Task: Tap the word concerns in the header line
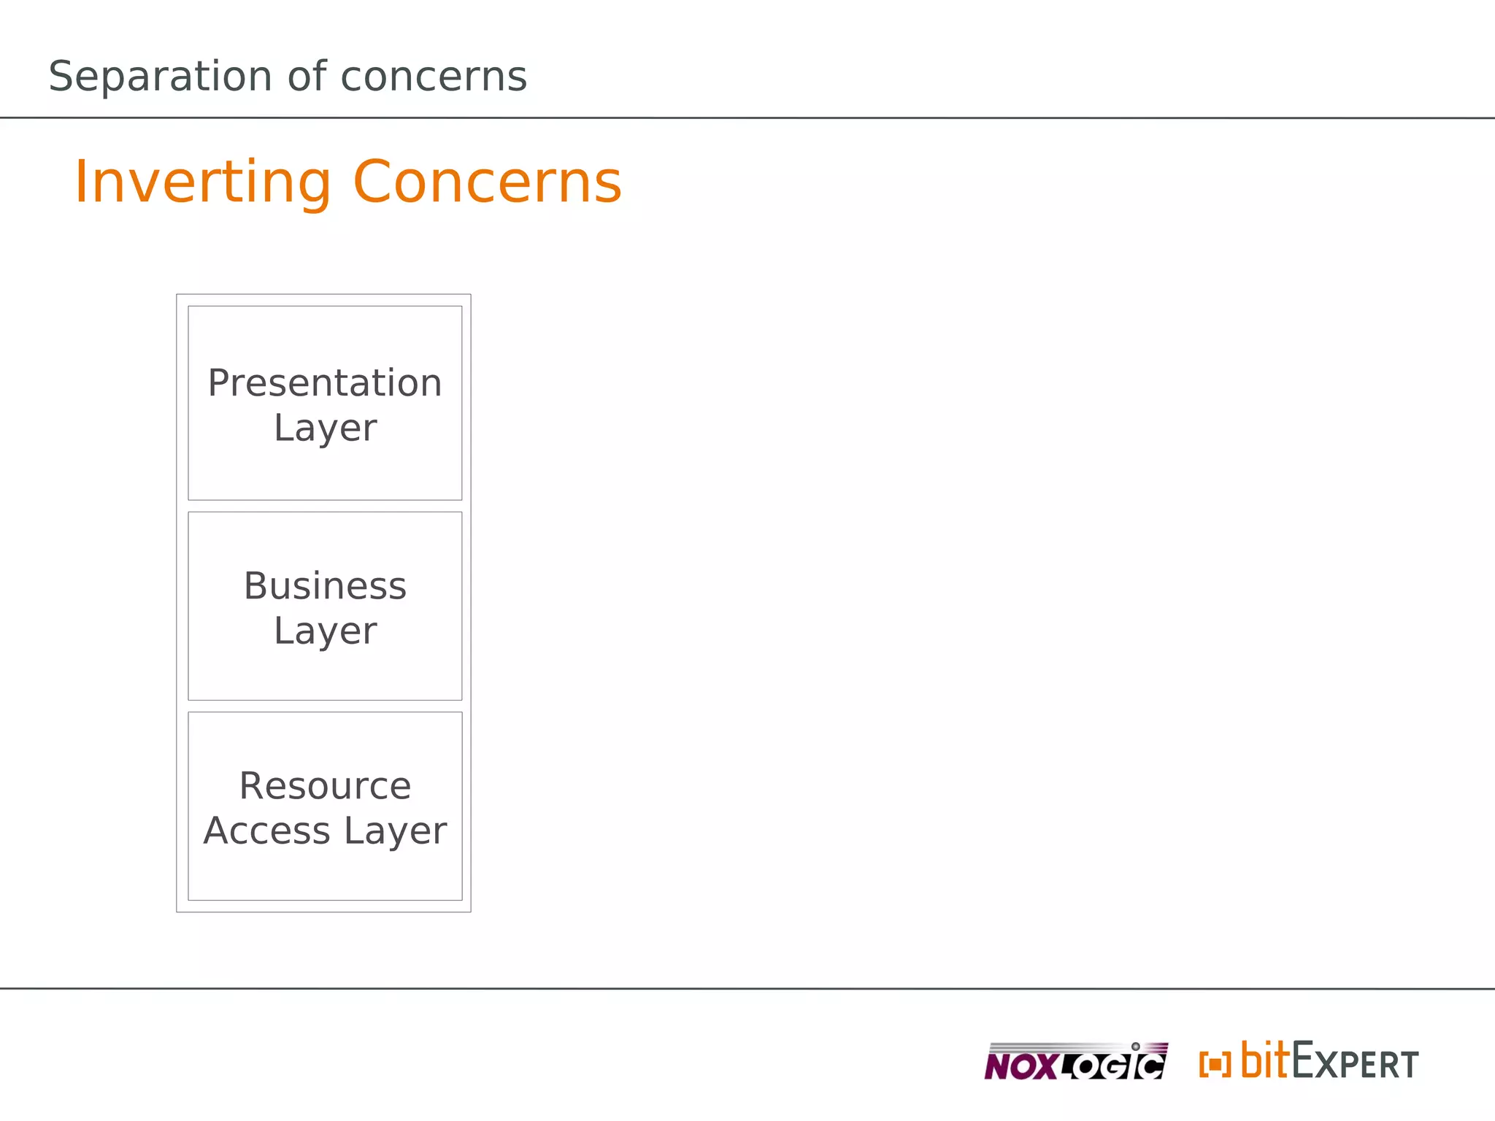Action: [x=434, y=77]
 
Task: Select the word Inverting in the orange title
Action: [x=203, y=182]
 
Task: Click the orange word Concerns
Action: [x=487, y=182]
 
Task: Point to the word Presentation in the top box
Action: [x=325, y=383]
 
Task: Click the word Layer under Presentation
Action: [x=325, y=428]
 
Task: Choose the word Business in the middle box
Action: [x=325, y=586]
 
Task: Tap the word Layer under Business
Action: [x=325, y=631]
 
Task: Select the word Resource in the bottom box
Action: [x=325, y=786]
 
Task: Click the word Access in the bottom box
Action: [x=267, y=831]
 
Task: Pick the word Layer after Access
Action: [x=395, y=831]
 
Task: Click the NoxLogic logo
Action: [x=1075, y=1063]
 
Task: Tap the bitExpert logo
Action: [x=1309, y=1062]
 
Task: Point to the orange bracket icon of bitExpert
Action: [x=1215, y=1064]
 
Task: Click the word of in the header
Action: [x=307, y=77]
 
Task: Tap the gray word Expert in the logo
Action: [x=1356, y=1063]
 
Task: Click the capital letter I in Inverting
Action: [x=81, y=182]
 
